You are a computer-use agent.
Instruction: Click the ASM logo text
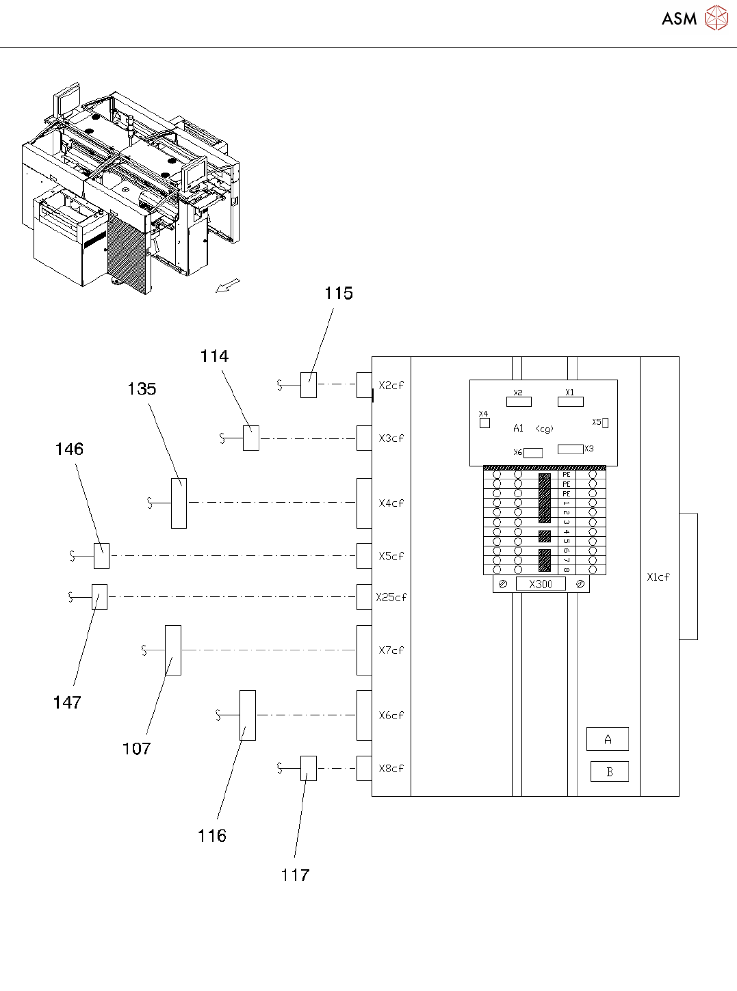pos(679,18)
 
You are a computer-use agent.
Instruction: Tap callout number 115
pos(339,293)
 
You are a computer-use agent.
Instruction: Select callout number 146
pos(69,449)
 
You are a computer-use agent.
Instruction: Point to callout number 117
pos(295,875)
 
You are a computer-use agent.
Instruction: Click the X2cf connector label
pos(391,385)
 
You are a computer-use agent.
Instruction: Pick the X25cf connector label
pos(391,597)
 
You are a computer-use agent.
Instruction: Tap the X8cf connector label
pos(391,769)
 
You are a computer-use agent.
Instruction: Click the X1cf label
pos(658,577)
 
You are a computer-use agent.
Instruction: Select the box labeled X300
pos(541,584)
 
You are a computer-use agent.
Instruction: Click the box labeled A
pos(607,739)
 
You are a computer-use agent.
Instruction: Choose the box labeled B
pos(610,771)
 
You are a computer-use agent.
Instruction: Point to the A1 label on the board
pos(518,428)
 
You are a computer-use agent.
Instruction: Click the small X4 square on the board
pos(484,423)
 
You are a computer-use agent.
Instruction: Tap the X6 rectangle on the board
pos(533,453)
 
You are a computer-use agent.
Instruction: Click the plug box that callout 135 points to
pos(179,503)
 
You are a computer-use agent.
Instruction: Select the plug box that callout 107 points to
pos(173,650)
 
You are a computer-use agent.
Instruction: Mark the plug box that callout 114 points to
pos(251,438)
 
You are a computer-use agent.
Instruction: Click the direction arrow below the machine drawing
pos(228,285)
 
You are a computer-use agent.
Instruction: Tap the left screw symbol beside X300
pos(503,584)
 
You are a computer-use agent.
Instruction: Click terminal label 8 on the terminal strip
pos(567,570)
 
